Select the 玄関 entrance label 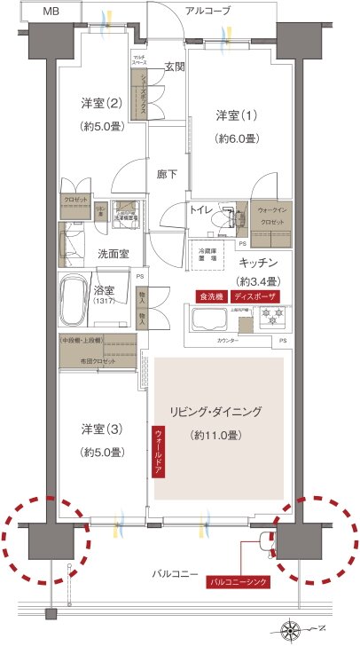click(x=174, y=66)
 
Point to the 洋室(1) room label click(x=234, y=115)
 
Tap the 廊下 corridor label click(x=166, y=174)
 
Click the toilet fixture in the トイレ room click(x=232, y=217)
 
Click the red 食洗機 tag click(x=210, y=296)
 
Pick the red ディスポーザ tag click(x=255, y=296)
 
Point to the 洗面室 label click(x=113, y=254)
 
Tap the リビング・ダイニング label click(x=216, y=412)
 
